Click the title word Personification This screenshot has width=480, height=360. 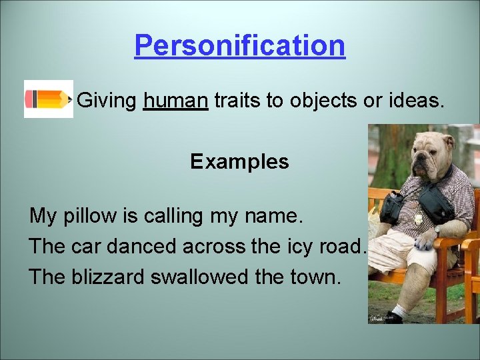coord(239,45)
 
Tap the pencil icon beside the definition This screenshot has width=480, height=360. coord(48,99)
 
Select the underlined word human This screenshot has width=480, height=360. coord(175,101)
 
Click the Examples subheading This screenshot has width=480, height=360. coord(239,161)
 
